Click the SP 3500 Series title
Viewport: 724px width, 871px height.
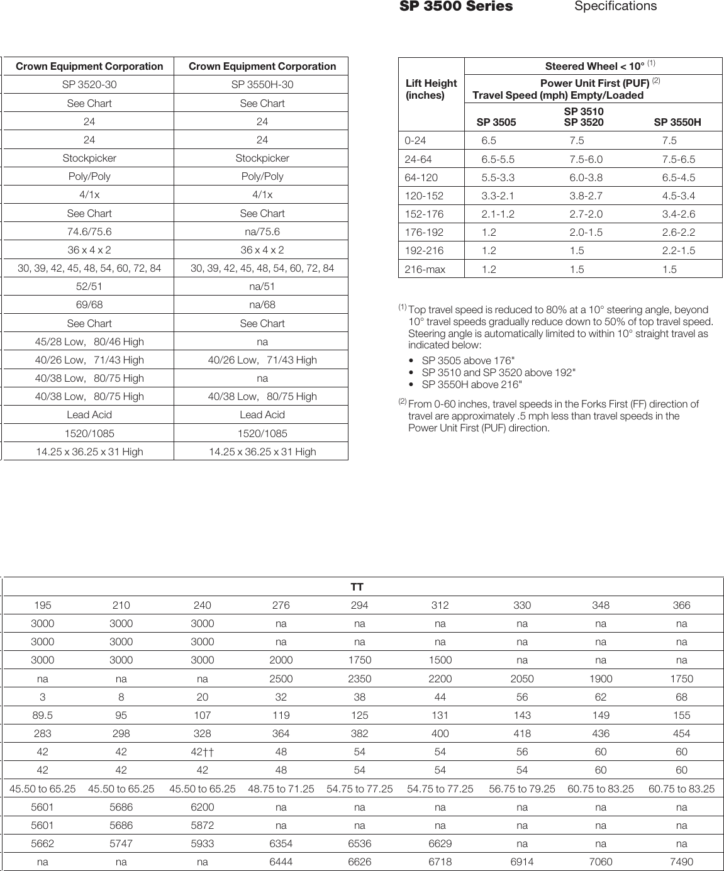pyautogui.click(x=456, y=7)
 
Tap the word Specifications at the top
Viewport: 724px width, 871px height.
pyautogui.click(x=615, y=6)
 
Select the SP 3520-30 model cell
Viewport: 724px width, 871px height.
pyautogui.click(x=89, y=85)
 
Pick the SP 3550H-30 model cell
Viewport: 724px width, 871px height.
pyautogui.click(x=262, y=85)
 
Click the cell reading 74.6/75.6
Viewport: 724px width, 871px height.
pyautogui.click(x=89, y=231)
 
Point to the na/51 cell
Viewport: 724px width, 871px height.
pyautogui.click(x=262, y=287)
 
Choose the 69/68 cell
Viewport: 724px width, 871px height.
pyautogui.click(x=89, y=305)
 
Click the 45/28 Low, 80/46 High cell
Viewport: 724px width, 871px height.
pyautogui.click(x=89, y=342)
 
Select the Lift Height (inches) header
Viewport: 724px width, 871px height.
pyautogui.click(x=431, y=89)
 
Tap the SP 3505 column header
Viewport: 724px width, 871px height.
pyautogui.click(x=496, y=123)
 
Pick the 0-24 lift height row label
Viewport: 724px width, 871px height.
pyautogui.click(x=415, y=141)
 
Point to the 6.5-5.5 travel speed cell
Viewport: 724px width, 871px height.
pyautogui.click(x=498, y=159)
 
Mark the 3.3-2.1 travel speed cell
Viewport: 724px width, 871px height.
pyautogui.click(x=498, y=196)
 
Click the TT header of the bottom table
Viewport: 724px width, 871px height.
pyautogui.click(x=357, y=587)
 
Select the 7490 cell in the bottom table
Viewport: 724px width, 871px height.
pyautogui.click(x=681, y=862)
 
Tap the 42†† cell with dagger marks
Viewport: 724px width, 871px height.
pyautogui.click(x=202, y=752)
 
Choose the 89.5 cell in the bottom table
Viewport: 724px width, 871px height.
pyautogui.click(x=43, y=716)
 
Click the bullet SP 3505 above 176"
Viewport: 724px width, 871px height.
pyautogui.click(x=468, y=361)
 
